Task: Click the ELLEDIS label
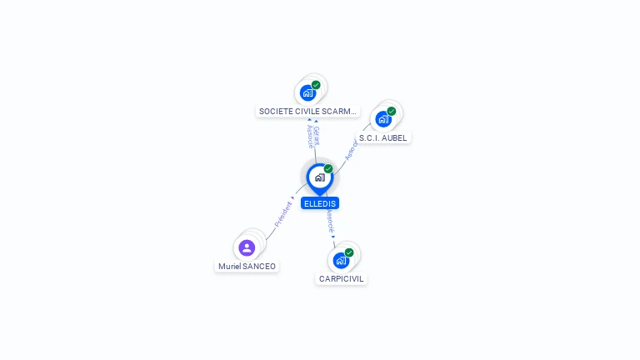pos(320,203)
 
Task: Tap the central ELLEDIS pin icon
pos(319,177)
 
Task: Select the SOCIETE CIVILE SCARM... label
pos(307,111)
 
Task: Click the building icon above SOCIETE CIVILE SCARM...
pos(307,92)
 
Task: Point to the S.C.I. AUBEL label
pos(383,137)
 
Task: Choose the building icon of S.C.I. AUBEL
pos(382,119)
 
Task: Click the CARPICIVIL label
pos(342,278)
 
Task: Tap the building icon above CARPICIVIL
pos(341,260)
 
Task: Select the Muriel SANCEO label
pos(247,266)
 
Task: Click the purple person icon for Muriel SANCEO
pos(247,247)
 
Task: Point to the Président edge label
pos(282,215)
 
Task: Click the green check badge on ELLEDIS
pos(328,169)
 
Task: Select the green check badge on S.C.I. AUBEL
pos(391,112)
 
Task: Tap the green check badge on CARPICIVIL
pos(349,252)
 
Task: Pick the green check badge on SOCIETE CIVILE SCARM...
pos(316,85)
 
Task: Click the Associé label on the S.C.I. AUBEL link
pos(351,149)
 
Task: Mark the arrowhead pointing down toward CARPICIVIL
pos(333,237)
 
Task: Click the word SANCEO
pos(259,266)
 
